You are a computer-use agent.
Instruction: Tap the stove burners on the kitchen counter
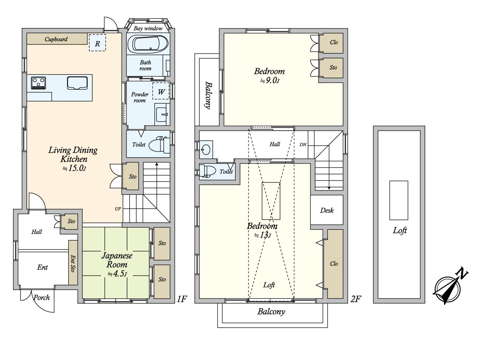click(x=38, y=83)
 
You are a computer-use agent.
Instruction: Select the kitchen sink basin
click(x=77, y=83)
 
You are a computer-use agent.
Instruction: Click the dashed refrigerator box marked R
click(x=98, y=43)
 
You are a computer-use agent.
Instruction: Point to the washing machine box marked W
click(x=161, y=91)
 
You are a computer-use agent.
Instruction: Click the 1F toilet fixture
click(x=159, y=145)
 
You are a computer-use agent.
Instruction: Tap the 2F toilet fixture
click(x=206, y=171)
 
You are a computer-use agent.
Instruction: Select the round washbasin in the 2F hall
click(x=206, y=150)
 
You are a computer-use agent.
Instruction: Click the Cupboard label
click(x=56, y=39)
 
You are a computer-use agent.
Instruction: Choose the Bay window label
click(x=148, y=28)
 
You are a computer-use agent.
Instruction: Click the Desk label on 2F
click(x=327, y=210)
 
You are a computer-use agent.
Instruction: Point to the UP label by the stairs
click(x=118, y=209)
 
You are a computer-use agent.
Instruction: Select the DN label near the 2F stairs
click(x=303, y=144)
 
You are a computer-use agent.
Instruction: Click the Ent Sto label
click(x=73, y=263)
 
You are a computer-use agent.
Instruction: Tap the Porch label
click(x=42, y=298)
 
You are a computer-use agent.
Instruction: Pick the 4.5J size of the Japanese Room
click(x=117, y=274)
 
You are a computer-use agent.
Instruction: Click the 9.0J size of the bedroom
click(x=270, y=81)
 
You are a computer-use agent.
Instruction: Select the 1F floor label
click(x=182, y=299)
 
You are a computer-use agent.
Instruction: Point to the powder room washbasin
click(x=162, y=114)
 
